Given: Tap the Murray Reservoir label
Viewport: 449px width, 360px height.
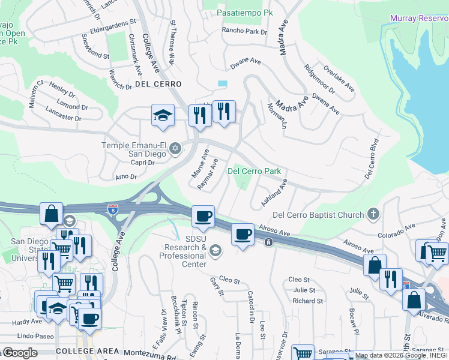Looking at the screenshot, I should (x=419, y=19).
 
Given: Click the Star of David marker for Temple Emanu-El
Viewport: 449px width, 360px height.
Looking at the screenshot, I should (x=175, y=148).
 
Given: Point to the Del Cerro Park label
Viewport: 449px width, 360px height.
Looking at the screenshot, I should (x=255, y=171).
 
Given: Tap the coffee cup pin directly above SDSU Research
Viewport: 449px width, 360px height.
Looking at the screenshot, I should (x=203, y=216).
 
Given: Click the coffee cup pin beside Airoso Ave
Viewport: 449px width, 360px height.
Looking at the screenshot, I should (x=243, y=234).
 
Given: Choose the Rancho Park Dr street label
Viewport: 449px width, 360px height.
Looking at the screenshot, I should (x=244, y=31).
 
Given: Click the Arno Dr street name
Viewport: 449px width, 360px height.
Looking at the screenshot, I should (x=127, y=177).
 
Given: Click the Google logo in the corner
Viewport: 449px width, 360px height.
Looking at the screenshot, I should (x=19, y=353).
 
